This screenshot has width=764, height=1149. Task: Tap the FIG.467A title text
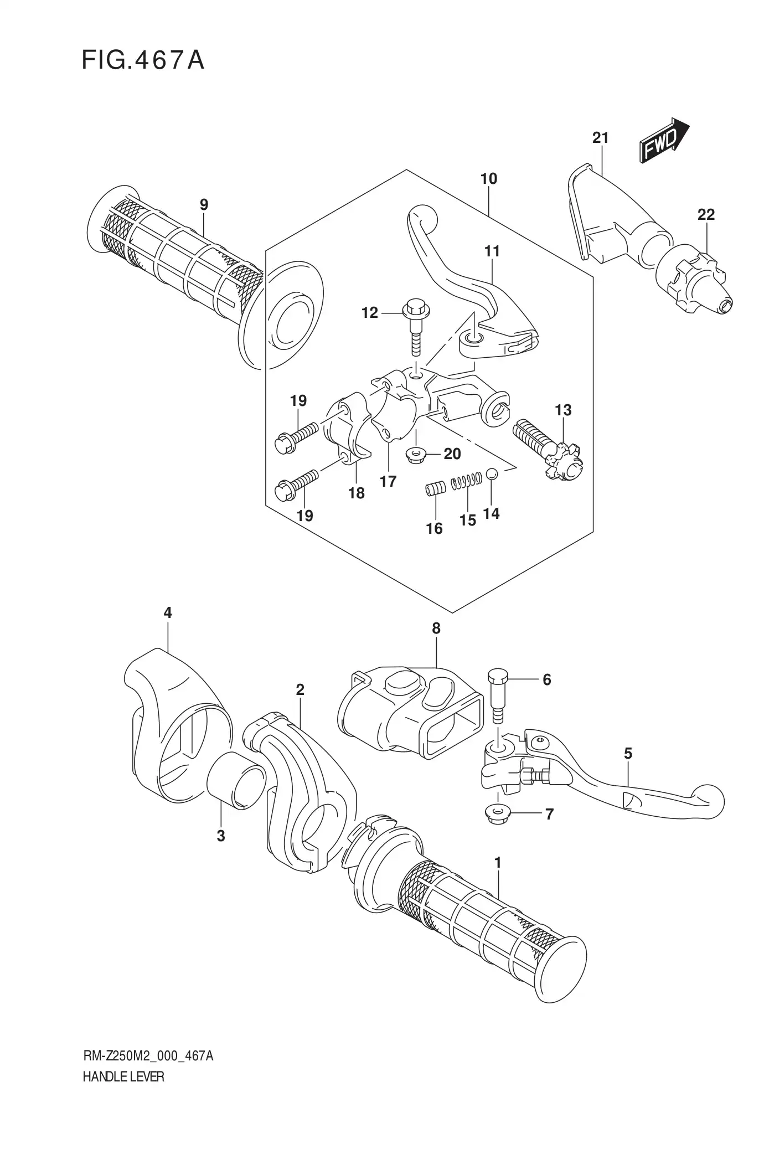[143, 60]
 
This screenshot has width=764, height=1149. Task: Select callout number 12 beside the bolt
[369, 313]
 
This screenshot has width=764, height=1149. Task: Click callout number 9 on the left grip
[204, 205]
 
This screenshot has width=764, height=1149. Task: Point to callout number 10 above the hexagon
[489, 179]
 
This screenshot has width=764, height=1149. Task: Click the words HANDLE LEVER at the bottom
[123, 1076]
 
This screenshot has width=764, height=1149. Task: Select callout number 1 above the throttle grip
[498, 862]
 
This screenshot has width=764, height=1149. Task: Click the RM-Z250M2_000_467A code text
[148, 1056]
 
